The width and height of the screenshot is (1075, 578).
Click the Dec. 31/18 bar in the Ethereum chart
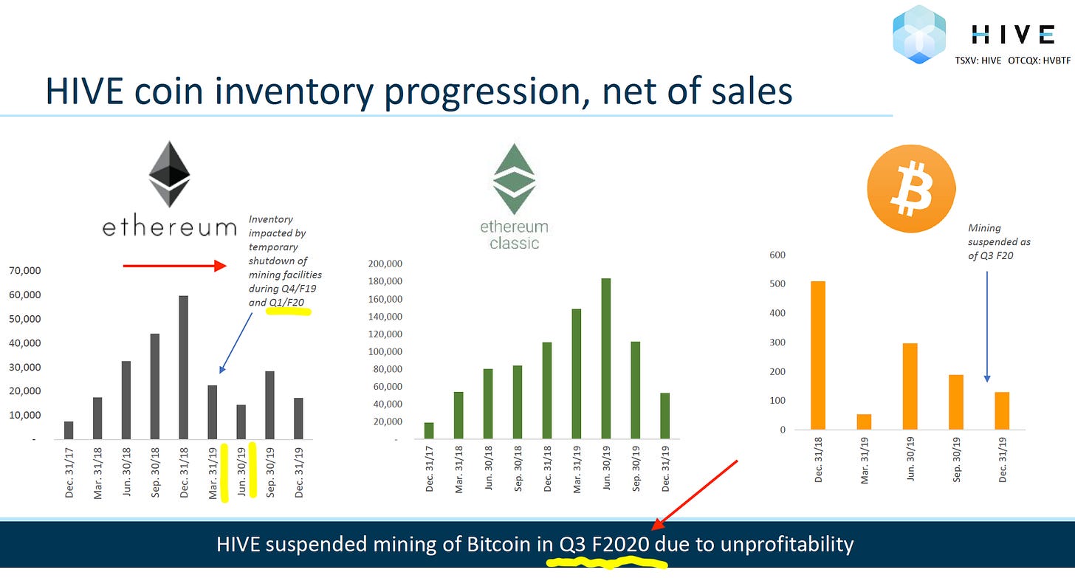[x=183, y=368]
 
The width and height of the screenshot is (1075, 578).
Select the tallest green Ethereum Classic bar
[x=606, y=358]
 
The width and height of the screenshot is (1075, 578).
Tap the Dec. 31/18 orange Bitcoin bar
[x=818, y=355]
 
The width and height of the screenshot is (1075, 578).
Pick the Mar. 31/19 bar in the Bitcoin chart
[x=864, y=422]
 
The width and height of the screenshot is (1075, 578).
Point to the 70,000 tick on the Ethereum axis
[x=25, y=270]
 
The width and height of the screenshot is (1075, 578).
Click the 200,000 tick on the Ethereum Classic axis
[x=385, y=264]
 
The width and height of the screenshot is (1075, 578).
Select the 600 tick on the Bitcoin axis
[x=777, y=255]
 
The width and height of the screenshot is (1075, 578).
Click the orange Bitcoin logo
[x=911, y=188]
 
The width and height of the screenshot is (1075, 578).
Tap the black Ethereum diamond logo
[x=169, y=173]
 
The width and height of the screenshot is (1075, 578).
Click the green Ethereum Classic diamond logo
[x=514, y=179]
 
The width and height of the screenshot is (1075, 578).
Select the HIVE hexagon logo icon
[x=918, y=35]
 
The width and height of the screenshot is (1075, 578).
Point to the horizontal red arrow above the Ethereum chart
[x=175, y=266]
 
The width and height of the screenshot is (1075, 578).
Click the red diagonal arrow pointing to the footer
[x=694, y=495]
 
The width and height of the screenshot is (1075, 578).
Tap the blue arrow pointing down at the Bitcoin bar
[x=987, y=327]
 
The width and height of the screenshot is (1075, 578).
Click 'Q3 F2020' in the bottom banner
[x=604, y=545]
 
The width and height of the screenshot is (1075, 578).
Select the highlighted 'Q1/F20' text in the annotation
[x=286, y=303]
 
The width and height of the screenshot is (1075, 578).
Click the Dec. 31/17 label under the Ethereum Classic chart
[x=429, y=469]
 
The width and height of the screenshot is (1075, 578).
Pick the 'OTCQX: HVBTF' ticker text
[x=1039, y=61]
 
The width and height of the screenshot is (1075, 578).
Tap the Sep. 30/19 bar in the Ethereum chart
[x=269, y=405]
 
